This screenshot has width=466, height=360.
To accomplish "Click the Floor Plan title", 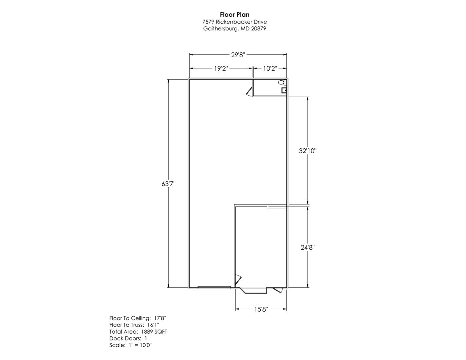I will tap(234, 15).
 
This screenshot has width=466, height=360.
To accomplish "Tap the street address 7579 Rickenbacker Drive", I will tap(234, 22).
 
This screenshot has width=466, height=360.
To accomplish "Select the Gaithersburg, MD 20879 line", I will tap(234, 28).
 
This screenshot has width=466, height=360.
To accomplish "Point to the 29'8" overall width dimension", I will tap(238, 55).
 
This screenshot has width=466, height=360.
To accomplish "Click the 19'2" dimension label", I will tap(220, 68).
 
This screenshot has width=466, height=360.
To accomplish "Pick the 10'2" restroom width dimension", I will tap(270, 68).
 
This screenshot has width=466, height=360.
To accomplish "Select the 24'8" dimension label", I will tap(307, 248).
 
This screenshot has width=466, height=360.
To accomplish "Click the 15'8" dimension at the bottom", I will tap(261, 309).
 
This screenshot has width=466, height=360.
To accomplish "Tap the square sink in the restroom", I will tap(284, 90).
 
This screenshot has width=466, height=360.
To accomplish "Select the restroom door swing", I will tap(249, 92).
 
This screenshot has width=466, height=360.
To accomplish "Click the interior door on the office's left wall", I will tap(238, 278).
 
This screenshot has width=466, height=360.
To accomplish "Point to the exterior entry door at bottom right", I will tap(278, 290).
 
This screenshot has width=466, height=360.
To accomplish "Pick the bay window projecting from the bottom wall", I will tap(254, 290).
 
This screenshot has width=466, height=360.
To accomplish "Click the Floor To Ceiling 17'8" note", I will tap(137, 318).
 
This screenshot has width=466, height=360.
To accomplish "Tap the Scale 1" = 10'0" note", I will tap(130, 345).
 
